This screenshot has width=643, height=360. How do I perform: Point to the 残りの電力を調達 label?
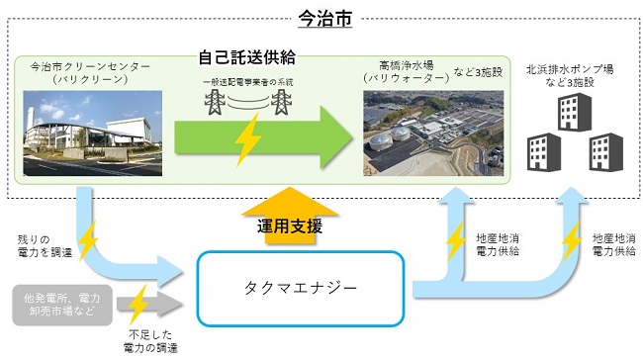(x=43, y=245)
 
